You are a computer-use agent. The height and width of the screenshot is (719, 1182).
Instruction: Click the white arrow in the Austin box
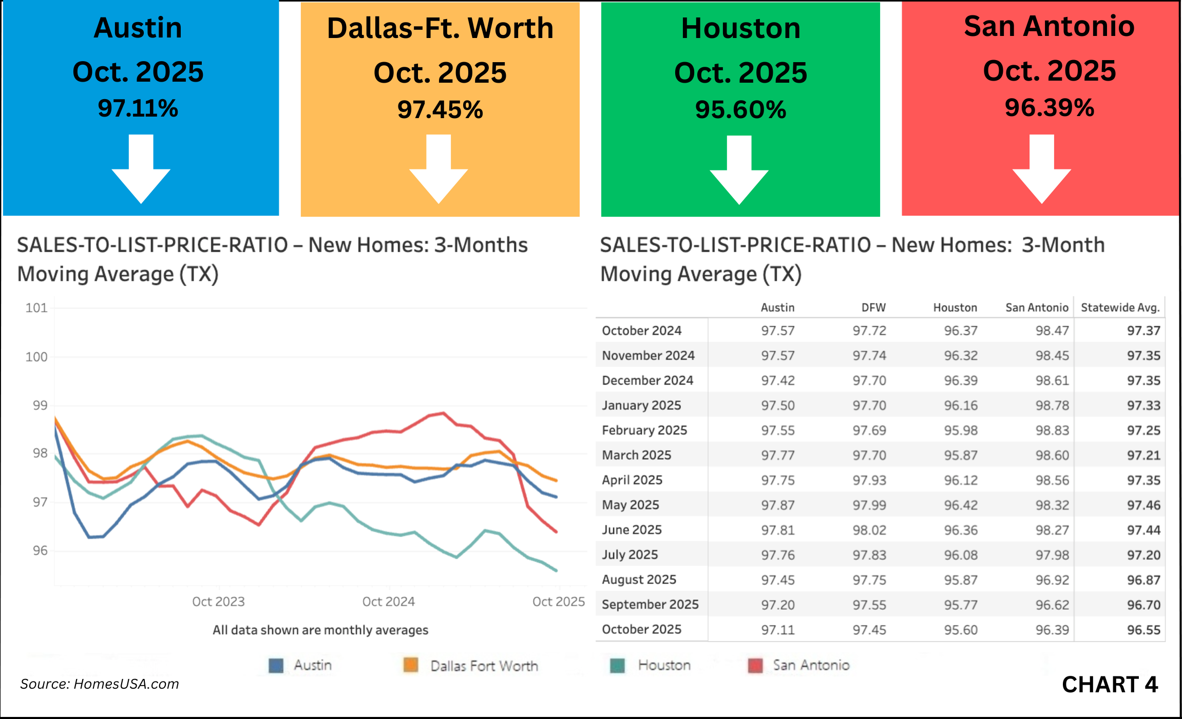pyautogui.click(x=141, y=169)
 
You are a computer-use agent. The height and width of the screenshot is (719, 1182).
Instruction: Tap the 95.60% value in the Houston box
pyautogui.click(x=740, y=110)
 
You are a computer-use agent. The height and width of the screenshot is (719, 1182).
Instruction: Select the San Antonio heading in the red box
pyautogui.click(x=1048, y=26)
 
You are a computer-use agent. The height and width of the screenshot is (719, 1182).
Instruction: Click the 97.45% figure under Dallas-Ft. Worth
pyautogui.click(x=440, y=110)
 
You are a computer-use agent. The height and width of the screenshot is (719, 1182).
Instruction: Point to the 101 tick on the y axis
pyautogui.click(x=36, y=308)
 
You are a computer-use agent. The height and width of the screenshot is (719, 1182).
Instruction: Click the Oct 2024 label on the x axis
pyautogui.click(x=388, y=601)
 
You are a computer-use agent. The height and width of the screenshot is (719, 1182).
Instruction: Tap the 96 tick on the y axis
pyautogui.click(x=40, y=551)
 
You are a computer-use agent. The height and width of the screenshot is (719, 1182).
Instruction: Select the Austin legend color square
pyautogui.click(x=276, y=666)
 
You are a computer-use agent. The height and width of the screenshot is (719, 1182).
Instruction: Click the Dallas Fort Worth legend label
pyautogui.click(x=484, y=666)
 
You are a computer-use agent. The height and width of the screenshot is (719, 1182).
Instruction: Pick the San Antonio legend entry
pyautogui.click(x=811, y=666)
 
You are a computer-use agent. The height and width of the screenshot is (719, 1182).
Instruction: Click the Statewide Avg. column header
pyautogui.click(x=1120, y=308)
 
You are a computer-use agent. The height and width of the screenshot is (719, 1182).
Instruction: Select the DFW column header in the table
pyautogui.click(x=873, y=308)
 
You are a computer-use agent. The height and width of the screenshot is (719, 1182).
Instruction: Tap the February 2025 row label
pyautogui.click(x=644, y=430)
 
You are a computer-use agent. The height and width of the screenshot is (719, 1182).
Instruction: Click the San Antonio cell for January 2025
pyautogui.click(x=1052, y=406)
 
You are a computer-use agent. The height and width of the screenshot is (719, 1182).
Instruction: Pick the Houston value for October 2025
pyautogui.click(x=960, y=630)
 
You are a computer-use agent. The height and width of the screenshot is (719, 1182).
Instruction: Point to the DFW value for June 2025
pyautogui.click(x=869, y=530)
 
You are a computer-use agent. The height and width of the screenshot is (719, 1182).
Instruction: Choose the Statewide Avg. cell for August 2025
pyautogui.click(x=1143, y=580)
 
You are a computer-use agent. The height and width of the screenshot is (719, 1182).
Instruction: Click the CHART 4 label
pyautogui.click(x=1109, y=685)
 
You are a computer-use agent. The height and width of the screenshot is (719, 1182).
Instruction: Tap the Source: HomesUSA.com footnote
pyautogui.click(x=100, y=684)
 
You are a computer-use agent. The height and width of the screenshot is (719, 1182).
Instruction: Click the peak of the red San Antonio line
pyautogui.click(x=443, y=413)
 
